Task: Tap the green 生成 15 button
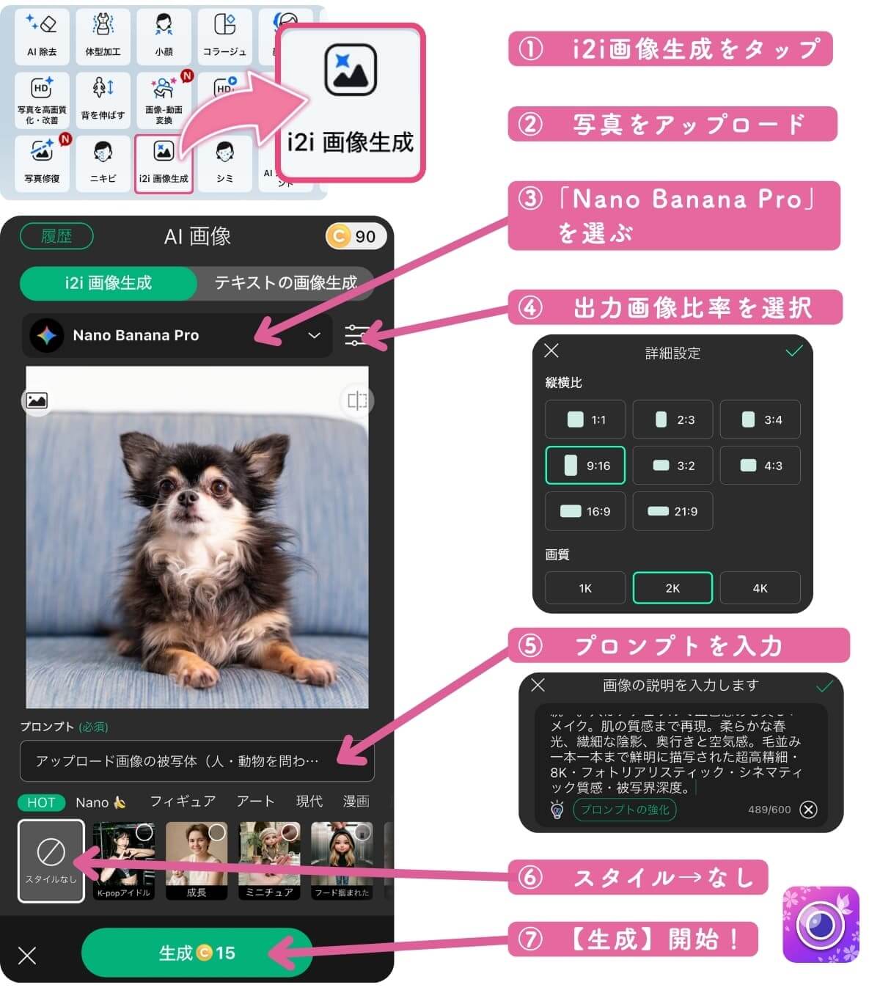pyautogui.click(x=197, y=953)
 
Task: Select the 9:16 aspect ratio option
pyautogui.click(x=585, y=466)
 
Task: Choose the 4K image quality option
pyautogui.click(x=760, y=588)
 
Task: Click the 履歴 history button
pyautogui.click(x=56, y=236)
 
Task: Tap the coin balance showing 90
pyautogui.click(x=355, y=236)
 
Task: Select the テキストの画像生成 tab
pyautogui.click(x=285, y=283)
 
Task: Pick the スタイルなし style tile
pyautogui.click(x=51, y=860)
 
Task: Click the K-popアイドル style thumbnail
pyautogui.click(x=123, y=860)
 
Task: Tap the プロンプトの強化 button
pyautogui.click(x=625, y=810)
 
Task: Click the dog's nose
pyautogui.click(x=188, y=498)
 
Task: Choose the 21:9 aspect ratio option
pyautogui.click(x=672, y=511)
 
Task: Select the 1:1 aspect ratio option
pyautogui.click(x=585, y=419)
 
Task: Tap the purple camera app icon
pyautogui.click(x=820, y=925)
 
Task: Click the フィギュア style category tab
pyautogui.click(x=183, y=802)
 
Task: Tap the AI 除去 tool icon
pyautogui.click(x=42, y=35)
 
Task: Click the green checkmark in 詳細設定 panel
pyautogui.click(x=793, y=352)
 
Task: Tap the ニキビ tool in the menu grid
pyautogui.click(x=103, y=163)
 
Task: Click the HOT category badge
pyautogui.click(x=41, y=802)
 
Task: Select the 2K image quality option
pyautogui.click(x=672, y=588)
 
